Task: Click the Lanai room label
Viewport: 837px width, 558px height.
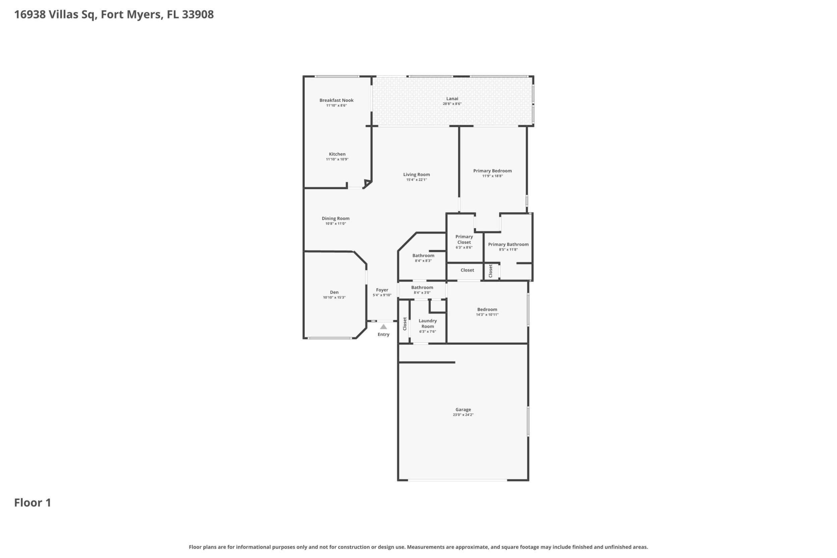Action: click(x=452, y=99)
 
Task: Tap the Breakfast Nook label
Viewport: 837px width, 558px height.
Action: click(x=336, y=100)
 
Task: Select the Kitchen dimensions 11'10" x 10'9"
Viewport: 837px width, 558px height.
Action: click(x=337, y=159)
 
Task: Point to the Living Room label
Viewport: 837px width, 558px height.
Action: click(x=416, y=175)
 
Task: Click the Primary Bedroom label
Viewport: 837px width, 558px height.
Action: click(x=493, y=171)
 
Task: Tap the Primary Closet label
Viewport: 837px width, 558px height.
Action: click(x=464, y=239)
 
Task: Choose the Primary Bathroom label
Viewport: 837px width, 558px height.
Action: click(x=508, y=244)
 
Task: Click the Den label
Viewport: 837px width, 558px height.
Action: click(x=334, y=292)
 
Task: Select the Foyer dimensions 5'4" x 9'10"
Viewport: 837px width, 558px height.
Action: click(x=382, y=295)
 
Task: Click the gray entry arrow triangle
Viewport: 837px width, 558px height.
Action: click(x=383, y=327)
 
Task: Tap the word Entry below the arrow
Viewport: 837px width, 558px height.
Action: click(x=384, y=335)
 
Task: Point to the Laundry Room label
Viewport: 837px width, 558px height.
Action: click(x=428, y=324)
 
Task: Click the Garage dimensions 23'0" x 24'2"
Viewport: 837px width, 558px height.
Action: click(x=463, y=415)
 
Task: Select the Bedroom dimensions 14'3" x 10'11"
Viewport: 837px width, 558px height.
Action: click(x=487, y=315)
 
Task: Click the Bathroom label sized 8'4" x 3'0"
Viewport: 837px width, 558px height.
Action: click(x=422, y=287)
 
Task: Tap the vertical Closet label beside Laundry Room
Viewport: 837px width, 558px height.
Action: click(x=405, y=324)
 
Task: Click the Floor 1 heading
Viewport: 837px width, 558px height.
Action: click(x=33, y=503)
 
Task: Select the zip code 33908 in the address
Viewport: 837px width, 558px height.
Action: click(x=198, y=15)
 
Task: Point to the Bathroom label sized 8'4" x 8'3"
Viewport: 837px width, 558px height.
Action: click(x=424, y=256)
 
